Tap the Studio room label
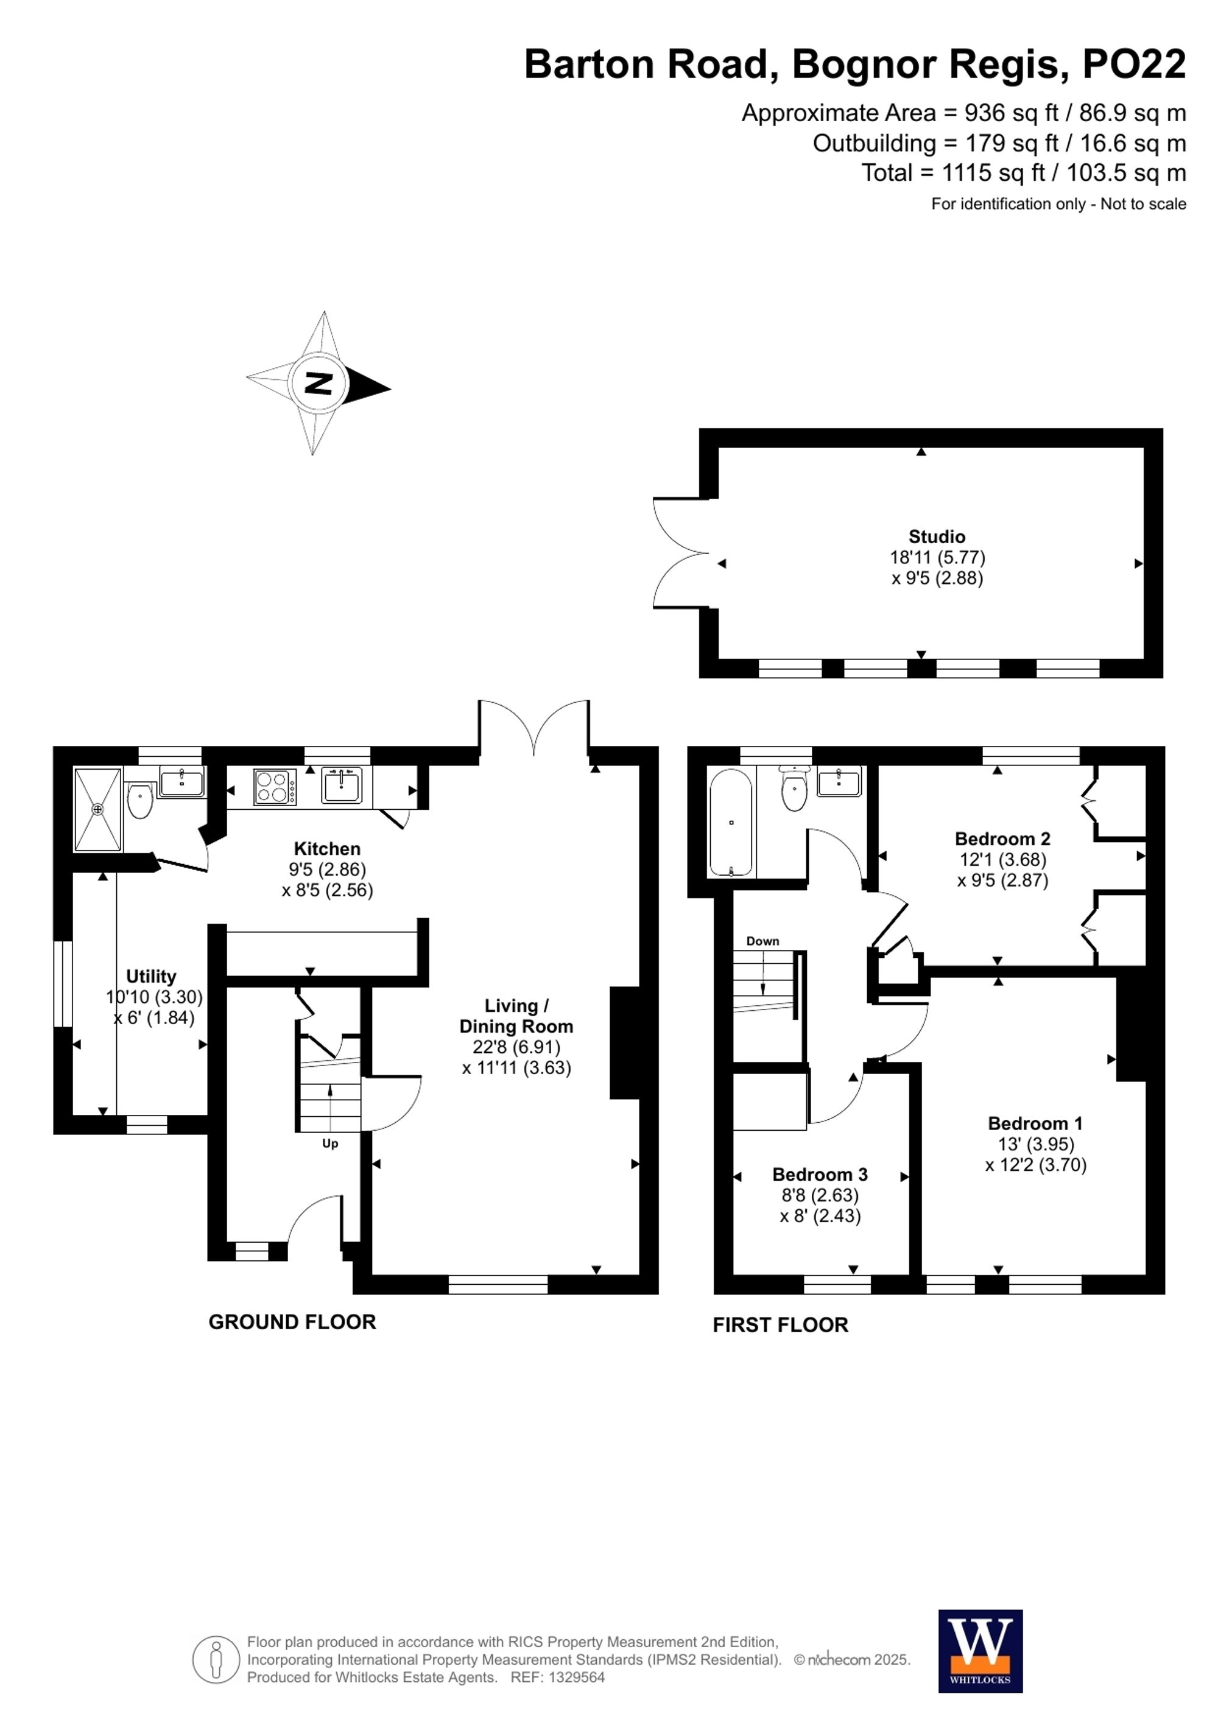(x=937, y=536)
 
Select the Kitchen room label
(x=327, y=848)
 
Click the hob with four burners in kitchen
(x=275, y=787)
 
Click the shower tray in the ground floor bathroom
(x=97, y=809)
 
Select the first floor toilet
(x=794, y=789)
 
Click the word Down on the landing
(x=762, y=941)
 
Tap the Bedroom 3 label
(x=820, y=1174)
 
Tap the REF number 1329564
(x=576, y=1677)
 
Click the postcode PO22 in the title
(x=1133, y=65)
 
